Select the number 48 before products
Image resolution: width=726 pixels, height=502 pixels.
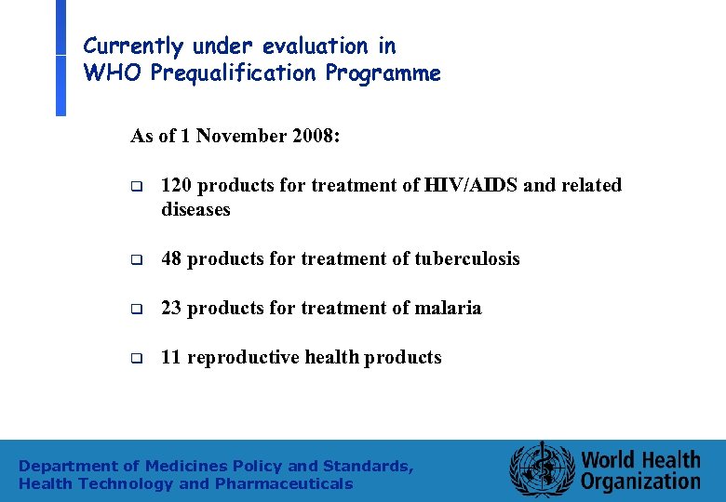coord(171,258)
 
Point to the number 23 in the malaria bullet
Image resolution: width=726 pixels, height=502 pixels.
coord(171,308)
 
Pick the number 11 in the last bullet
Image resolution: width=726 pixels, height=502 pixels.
coord(171,357)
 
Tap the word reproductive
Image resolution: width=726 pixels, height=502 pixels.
coord(245,357)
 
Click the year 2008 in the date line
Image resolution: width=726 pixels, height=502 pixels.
coord(313,136)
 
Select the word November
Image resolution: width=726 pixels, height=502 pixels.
coord(240,136)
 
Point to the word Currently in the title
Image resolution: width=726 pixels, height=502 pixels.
coord(133,46)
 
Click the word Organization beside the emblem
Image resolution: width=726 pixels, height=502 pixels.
coord(640,481)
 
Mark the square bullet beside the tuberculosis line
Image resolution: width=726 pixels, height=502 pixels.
coord(136,259)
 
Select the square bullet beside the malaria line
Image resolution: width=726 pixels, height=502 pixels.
coord(136,309)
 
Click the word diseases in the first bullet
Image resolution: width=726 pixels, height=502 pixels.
coord(195,210)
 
